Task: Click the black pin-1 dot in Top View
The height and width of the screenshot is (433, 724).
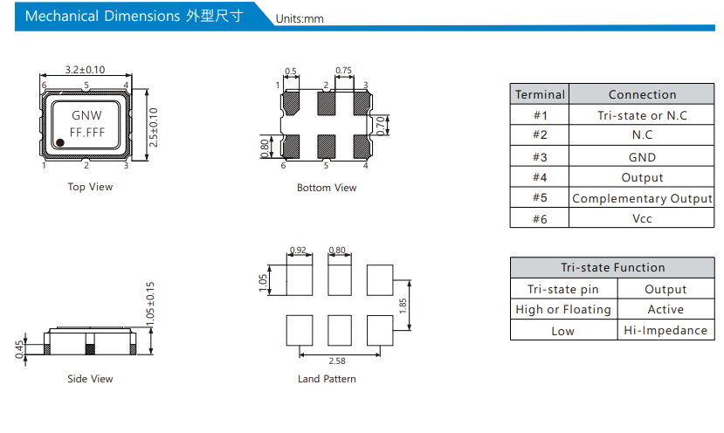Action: click(59, 142)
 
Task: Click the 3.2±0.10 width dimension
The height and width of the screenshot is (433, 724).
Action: click(85, 70)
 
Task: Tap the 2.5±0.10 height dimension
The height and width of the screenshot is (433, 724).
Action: click(154, 127)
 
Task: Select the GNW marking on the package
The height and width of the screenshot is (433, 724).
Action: click(86, 115)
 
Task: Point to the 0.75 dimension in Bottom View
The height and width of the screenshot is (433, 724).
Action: click(343, 70)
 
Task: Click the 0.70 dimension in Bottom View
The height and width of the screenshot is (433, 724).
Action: click(380, 126)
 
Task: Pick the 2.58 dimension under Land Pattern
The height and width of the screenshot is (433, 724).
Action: click(337, 361)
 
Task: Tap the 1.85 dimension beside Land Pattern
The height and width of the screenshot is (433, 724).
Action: click(403, 306)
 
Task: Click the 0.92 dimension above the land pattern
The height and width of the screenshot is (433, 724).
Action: click(298, 250)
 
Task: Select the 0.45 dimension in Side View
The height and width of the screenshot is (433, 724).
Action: click(19, 349)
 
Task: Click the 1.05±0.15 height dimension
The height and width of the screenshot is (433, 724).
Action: click(150, 304)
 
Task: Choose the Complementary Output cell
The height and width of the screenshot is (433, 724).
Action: click(642, 198)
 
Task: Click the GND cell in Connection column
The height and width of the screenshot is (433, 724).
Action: click(642, 157)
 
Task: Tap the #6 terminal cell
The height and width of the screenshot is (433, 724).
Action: click(540, 218)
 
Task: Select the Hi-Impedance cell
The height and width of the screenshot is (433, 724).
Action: click(665, 330)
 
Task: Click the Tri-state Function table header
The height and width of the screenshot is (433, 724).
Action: click(613, 267)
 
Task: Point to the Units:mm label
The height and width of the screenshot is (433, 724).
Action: click(300, 19)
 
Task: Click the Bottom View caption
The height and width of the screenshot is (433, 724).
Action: click(327, 188)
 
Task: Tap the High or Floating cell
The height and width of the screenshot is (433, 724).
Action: click(563, 309)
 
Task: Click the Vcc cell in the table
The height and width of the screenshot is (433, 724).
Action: click(642, 218)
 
